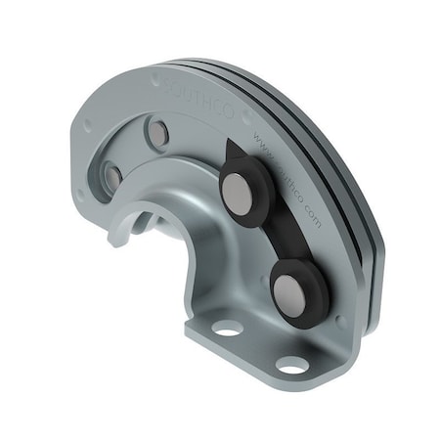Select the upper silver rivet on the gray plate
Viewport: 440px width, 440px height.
[x=155, y=131]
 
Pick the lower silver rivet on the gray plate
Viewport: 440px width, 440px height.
[x=113, y=178]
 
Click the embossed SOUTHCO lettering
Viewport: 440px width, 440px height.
[x=196, y=93]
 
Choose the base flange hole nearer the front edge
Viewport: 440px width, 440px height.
[x=291, y=365]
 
